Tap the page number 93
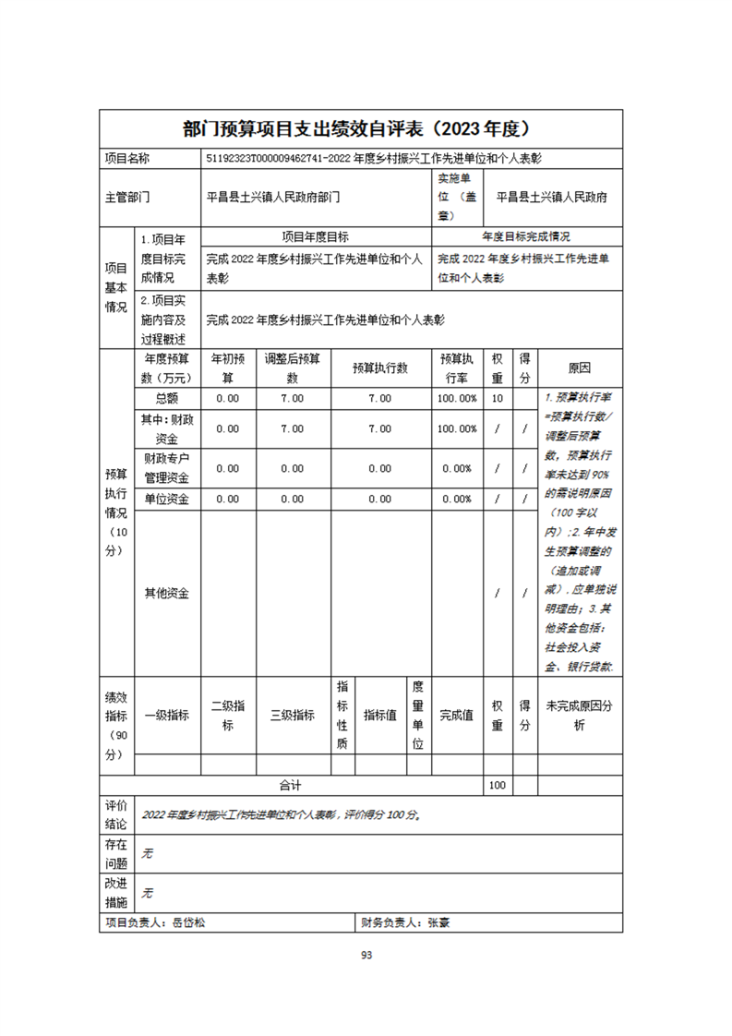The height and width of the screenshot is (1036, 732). pyautogui.click(x=366, y=955)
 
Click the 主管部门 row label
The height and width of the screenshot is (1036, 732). pyautogui.click(x=126, y=197)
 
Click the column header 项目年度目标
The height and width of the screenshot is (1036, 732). pyautogui.click(x=315, y=236)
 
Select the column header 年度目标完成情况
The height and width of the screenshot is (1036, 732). pyautogui.click(x=526, y=236)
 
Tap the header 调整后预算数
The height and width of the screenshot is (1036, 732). pyautogui.click(x=292, y=367)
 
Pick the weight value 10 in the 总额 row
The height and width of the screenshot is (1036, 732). pyautogui.click(x=497, y=398)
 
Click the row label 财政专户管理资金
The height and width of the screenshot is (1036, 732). pyautogui.click(x=167, y=467)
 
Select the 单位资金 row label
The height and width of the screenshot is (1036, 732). pyautogui.click(x=167, y=499)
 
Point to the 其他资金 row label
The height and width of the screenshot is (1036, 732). pyautogui.click(x=167, y=593)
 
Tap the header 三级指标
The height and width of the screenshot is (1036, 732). pyautogui.click(x=292, y=715)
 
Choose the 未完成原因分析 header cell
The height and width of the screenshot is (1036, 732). pyautogui.click(x=579, y=715)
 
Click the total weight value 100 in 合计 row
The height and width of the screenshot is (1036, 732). pyautogui.click(x=497, y=785)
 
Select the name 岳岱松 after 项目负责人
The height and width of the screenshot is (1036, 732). pyautogui.click(x=189, y=922)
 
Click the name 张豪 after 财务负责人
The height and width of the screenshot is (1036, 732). pyautogui.click(x=438, y=922)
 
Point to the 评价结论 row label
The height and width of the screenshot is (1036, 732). pyautogui.click(x=116, y=814)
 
